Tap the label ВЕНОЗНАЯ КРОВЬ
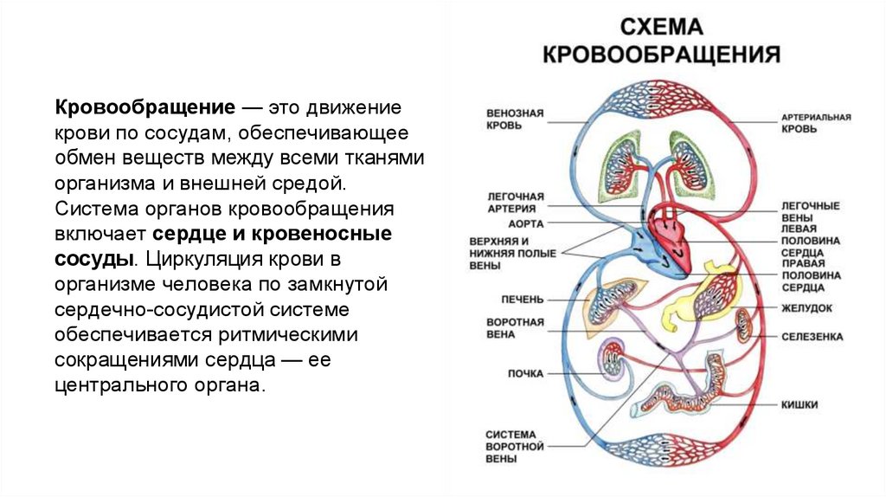click(x=514, y=119)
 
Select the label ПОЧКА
click(x=525, y=374)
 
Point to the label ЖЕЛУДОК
click(x=807, y=307)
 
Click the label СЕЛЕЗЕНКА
click(x=812, y=336)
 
